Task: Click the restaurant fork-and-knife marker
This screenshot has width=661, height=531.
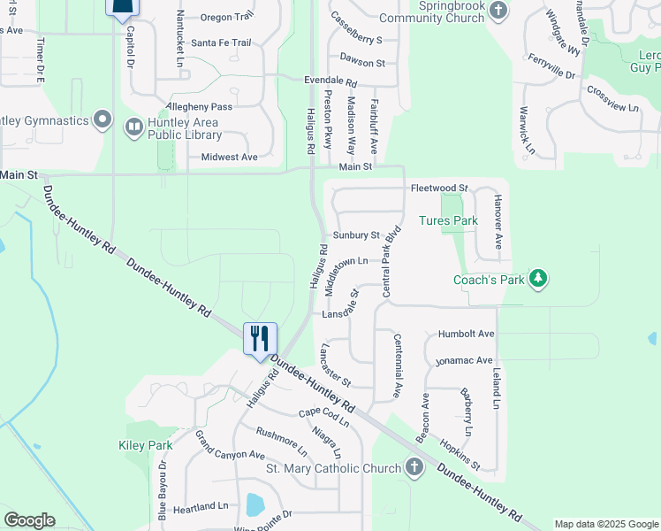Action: (260, 339)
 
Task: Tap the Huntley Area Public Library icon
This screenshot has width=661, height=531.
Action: (133, 127)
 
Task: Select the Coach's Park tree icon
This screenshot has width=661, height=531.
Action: (538, 280)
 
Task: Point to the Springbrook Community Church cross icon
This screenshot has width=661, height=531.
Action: (498, 11)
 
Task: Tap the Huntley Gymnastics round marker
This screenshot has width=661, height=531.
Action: (103, 119)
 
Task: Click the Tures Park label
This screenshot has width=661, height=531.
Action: (448, 220)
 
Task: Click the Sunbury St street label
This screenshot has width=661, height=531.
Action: (356, 235)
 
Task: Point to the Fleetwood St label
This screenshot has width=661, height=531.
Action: (438, 189)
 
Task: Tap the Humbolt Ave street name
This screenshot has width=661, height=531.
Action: (467, 335)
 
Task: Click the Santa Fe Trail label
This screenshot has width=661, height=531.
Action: (221, 42)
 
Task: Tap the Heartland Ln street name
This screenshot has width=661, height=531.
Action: (201, 507)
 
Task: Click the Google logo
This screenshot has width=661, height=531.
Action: (29, 520)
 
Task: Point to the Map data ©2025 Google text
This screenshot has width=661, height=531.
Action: (605, 524)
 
